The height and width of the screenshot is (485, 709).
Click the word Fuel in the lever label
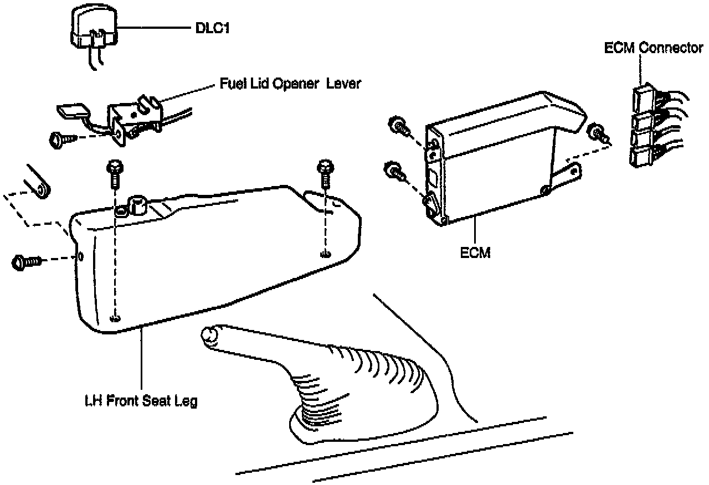[x=230, y=84]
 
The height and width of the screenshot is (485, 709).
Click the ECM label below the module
[x=476, y=253]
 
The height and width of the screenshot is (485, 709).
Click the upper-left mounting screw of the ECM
[x=398, y=126]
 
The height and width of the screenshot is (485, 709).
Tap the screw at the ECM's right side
[x=598, y=133]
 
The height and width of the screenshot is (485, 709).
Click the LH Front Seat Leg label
[x=141, y=401]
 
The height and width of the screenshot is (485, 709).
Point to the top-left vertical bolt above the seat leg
[x=115, y=171]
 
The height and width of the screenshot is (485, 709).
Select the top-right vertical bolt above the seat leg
[x=324, y=171]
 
